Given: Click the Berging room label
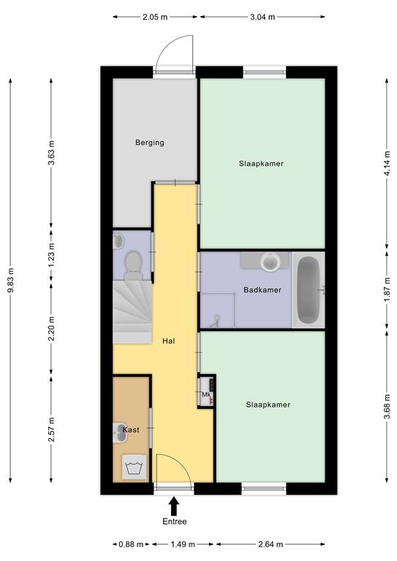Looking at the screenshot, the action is coord(150,142).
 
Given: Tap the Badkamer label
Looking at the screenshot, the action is coord(262,290).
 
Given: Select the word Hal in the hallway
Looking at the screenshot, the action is coord(169,341).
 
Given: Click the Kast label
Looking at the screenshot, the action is coord(131,430).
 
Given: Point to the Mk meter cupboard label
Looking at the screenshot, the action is coord(206,394).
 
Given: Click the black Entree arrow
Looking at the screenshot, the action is coord(174,506).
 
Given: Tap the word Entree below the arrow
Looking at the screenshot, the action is coord(175,522).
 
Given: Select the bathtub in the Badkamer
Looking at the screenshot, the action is coord(309,290).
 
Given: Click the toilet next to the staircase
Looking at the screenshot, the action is coord(133,265).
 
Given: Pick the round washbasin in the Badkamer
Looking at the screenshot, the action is coord(270,262).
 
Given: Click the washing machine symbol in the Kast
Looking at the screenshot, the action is coord(135,467).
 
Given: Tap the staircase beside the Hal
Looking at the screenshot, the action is coord(132,312).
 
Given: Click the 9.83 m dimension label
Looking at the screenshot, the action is coord(11,280).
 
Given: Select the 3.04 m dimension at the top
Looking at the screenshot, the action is coord(262,17).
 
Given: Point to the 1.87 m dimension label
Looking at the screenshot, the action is coord(387,289).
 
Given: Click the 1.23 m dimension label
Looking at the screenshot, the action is coord(52,255).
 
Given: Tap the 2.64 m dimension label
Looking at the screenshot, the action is coord(271,544).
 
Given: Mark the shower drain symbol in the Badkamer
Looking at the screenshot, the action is coord(216,319).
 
